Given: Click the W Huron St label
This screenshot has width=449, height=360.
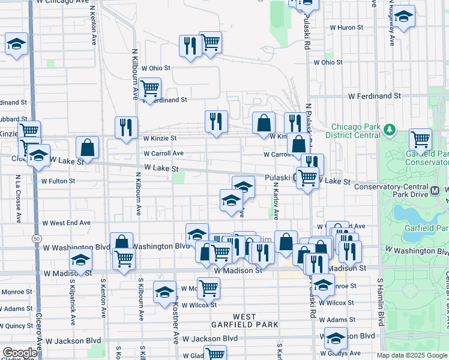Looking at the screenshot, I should (343, 28).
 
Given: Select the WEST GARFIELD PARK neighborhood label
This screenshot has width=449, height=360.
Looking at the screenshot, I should (244, 320).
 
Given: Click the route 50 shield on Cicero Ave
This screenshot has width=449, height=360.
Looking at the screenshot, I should (37, 239).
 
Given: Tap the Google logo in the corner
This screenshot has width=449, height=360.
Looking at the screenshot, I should (19, 353).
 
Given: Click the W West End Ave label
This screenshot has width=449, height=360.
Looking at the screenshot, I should (66, 223).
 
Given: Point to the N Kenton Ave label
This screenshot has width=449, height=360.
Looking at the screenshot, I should (94, 29).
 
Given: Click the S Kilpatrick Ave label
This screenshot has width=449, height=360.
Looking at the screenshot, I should (71, 298).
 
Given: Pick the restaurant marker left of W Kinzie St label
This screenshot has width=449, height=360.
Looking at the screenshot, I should (126, 127).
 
